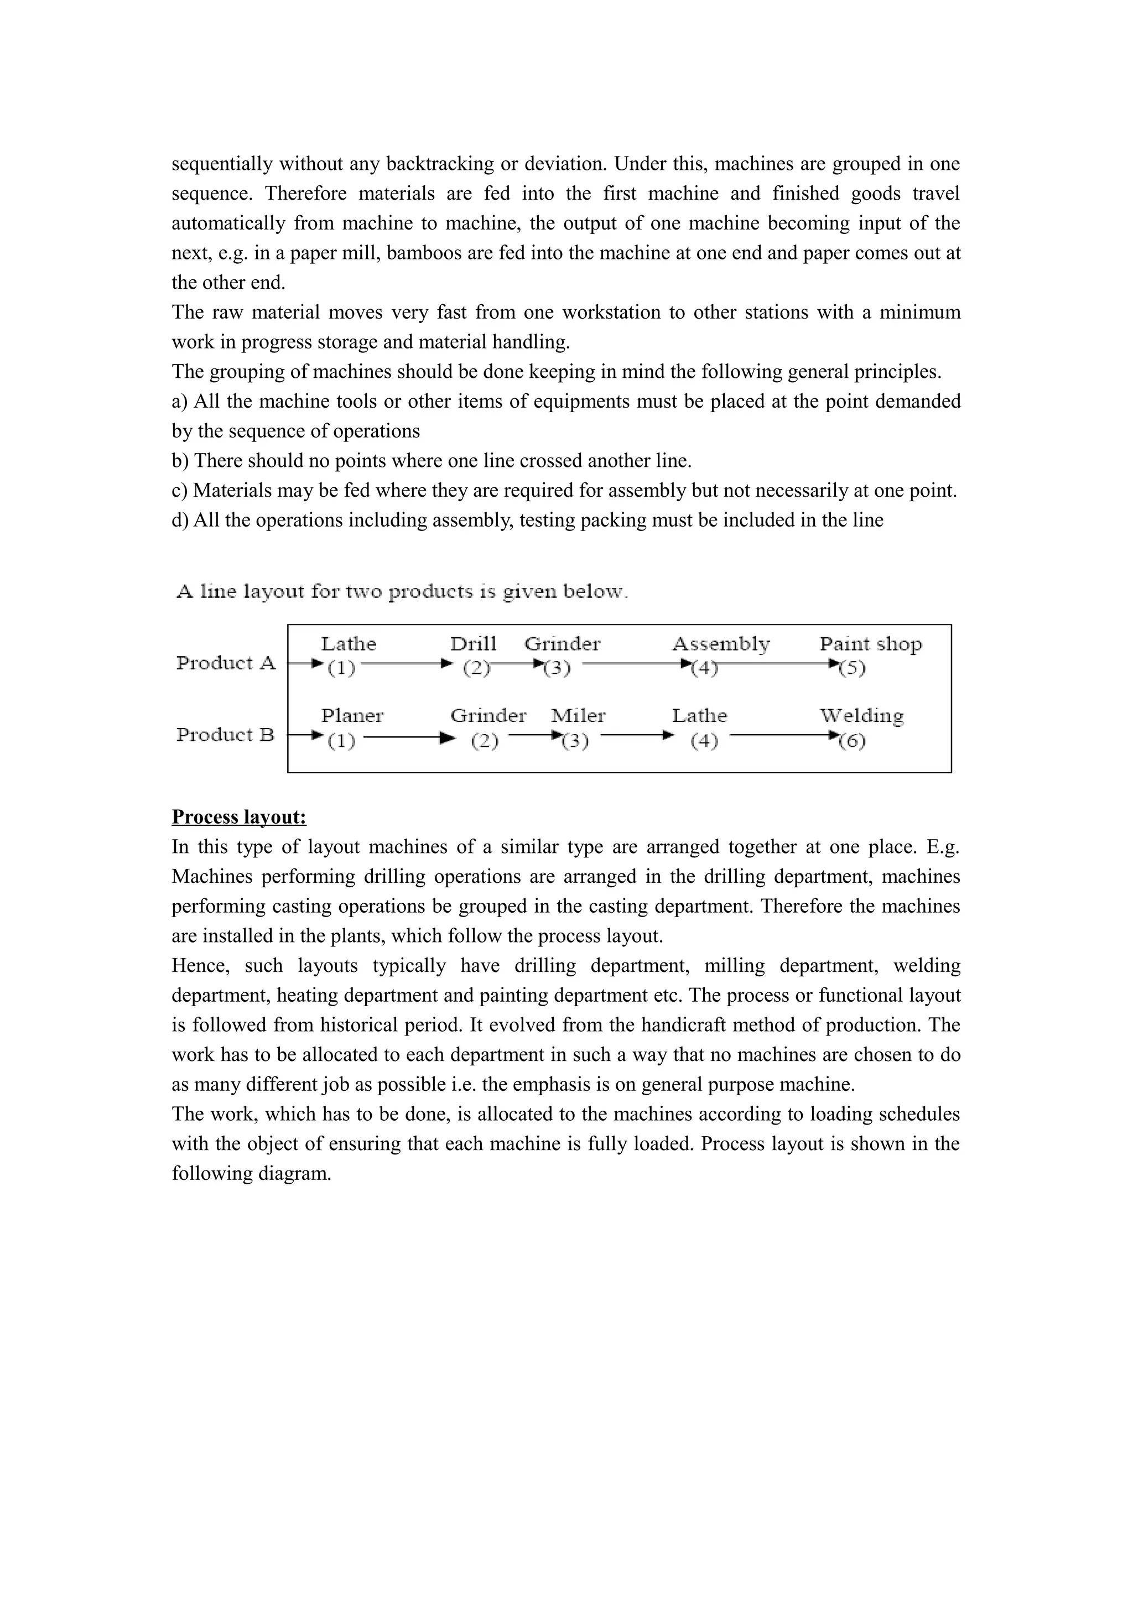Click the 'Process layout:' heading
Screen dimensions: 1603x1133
[x=239, y=817]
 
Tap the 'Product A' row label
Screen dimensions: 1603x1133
[x=226, y=663]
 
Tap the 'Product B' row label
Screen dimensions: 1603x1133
[x=225, y=735]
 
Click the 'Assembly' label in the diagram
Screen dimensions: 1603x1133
[x=720, y=643]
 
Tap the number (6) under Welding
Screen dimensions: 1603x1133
[x=851, y=740]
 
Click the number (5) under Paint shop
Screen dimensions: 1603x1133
[x=851, y=668]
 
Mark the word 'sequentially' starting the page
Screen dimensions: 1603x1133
[x=222, y=164]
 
